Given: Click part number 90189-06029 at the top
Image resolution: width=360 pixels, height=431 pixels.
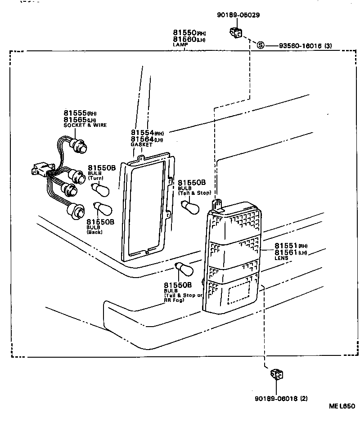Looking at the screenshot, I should coord(238,15).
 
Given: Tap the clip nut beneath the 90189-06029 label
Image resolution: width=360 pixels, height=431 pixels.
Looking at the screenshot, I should coord(235,32).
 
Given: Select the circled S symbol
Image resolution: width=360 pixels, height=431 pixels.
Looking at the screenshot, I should coord(261,45).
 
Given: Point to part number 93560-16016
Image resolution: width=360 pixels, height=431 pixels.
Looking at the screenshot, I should coord(299,45).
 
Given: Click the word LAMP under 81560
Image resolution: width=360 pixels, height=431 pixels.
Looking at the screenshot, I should coord(180,45).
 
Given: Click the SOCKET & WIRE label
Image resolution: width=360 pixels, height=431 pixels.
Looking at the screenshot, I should coord(85,125).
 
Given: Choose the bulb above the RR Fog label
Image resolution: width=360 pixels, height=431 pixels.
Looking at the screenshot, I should coord(184,270).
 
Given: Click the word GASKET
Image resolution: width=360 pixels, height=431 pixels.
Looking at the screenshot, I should coord(141,145).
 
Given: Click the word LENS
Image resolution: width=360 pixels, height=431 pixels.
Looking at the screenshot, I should coord(281,258).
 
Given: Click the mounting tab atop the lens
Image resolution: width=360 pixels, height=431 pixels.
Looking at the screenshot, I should coord(218,205).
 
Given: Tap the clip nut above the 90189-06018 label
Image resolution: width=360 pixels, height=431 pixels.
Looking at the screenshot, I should coord(276,375).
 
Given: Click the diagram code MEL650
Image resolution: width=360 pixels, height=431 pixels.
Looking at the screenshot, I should coord(342,406).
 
